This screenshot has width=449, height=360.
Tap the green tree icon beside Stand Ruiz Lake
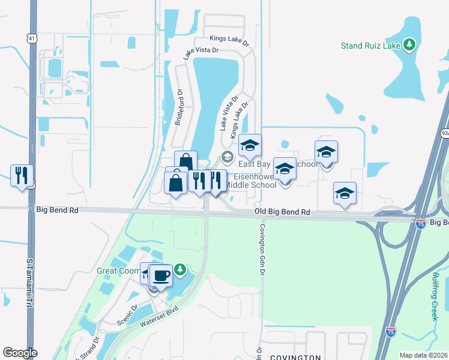point(409,44)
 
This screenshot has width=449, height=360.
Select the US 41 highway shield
point(31,38)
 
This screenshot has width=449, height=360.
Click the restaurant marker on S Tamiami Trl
point(21,175)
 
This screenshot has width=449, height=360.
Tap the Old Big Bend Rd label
point(282,212)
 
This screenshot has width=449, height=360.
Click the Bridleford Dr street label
point(178,107)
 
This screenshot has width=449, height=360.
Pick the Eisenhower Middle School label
point(254,181)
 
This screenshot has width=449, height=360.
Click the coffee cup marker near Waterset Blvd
point(161,276)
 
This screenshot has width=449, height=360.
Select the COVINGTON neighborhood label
point(295,357)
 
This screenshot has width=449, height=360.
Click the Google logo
point(20,353)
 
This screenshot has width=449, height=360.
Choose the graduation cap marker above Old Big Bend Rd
point(345,194)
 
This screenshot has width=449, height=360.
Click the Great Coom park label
point(119,271)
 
